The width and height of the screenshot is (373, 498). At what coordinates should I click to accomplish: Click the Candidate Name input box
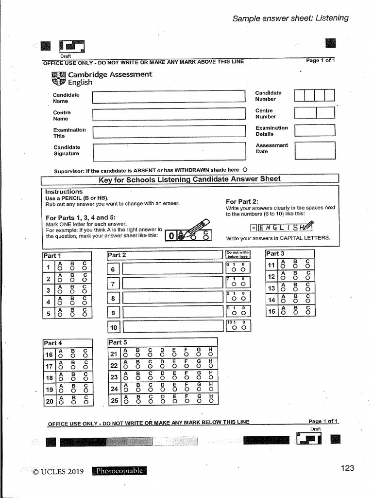point(168,97)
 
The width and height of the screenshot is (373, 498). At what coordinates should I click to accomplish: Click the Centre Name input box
point(169,115)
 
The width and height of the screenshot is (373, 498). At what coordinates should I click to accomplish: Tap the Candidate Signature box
point(169,152)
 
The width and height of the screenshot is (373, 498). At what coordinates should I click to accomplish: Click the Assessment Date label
point(271,148)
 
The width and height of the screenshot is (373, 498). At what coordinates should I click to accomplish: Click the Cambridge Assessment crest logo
point(58,78)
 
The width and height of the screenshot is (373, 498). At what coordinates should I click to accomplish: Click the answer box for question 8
point(171,298)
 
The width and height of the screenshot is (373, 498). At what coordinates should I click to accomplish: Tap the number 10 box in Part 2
point(113,328)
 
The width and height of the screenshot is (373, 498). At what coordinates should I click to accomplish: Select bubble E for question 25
point(174,402)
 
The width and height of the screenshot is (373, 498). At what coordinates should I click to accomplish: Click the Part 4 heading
point(53,343)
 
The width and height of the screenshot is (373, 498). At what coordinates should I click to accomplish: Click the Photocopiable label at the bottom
point(119,471)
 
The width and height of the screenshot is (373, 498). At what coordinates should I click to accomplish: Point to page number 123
point(347,468)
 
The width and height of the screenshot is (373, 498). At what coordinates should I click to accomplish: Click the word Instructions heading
point(64,192)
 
